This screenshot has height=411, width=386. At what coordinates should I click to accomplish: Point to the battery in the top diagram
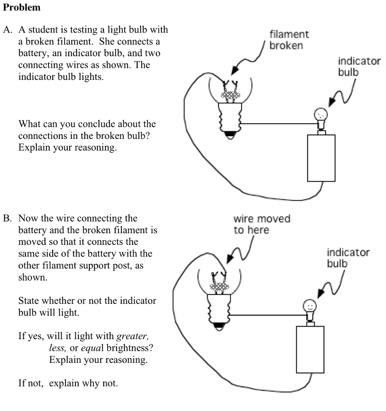pyautogui.click(x=321, y=158)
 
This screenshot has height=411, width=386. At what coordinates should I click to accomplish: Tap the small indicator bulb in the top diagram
pyautogui.click(x=321, y=117)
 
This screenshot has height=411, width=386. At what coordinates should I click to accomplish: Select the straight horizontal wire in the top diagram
pyautogui.click(x=277, y=124)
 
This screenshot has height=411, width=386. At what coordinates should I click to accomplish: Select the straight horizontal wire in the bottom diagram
pyautogui.click(x=266, y=315)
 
